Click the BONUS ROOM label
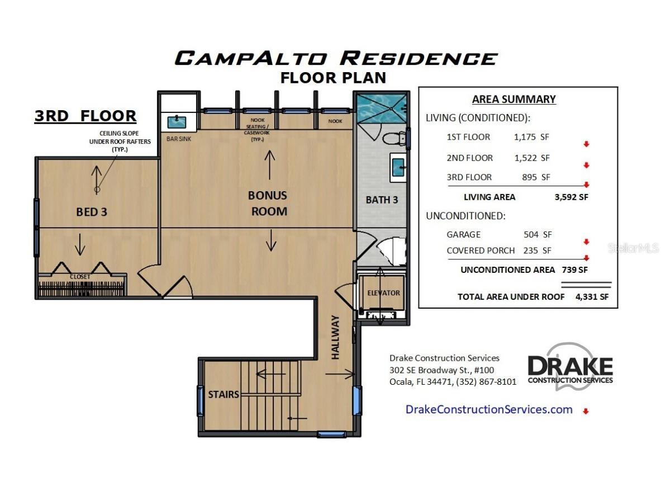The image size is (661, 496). (268, 203)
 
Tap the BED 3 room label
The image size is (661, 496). (91, 212)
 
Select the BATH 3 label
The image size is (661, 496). (382, 200)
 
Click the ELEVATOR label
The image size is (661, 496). (383, 293)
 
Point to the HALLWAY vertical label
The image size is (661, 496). (335, 337)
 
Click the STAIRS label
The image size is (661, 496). (224, 394)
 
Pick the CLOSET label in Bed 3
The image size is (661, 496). (79, 277)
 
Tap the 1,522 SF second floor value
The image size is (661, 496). (532, 158)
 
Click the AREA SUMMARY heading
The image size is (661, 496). (513, 100)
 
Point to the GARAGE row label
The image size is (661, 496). (463, 235)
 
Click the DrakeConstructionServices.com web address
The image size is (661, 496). (489, 409)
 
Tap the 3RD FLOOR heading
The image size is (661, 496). (85, 116)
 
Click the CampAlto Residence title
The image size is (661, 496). (335, 58)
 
